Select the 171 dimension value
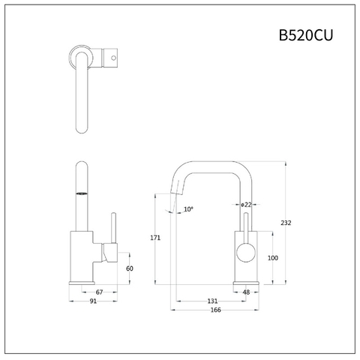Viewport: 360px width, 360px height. point(155,238)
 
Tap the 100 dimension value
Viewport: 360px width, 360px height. point(273,257)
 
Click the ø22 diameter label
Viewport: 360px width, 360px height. point(246,205)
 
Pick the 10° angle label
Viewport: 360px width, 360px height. point(187,209)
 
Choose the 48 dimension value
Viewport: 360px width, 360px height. point(246,292)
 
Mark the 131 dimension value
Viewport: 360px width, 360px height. point(213,301)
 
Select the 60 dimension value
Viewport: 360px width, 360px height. point(129,268)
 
